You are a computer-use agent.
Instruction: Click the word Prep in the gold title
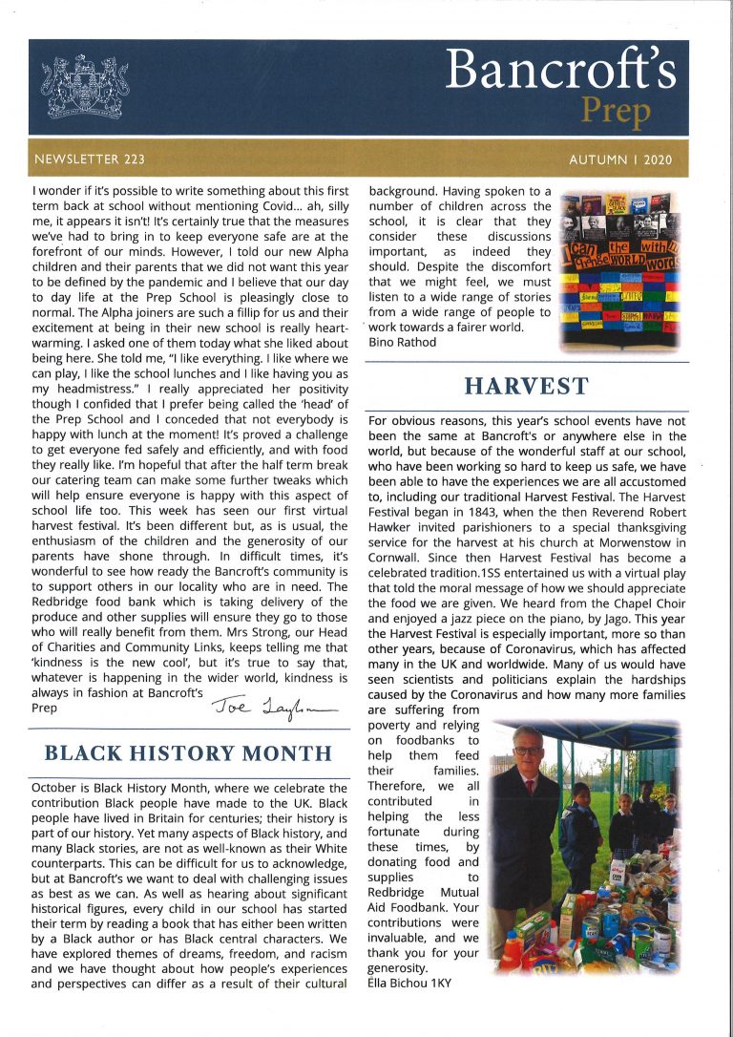point(617,113)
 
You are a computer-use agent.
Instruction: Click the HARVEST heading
point(526,387)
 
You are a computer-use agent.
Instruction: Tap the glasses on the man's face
point(527,751)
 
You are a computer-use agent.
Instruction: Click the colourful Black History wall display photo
point(621,269)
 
